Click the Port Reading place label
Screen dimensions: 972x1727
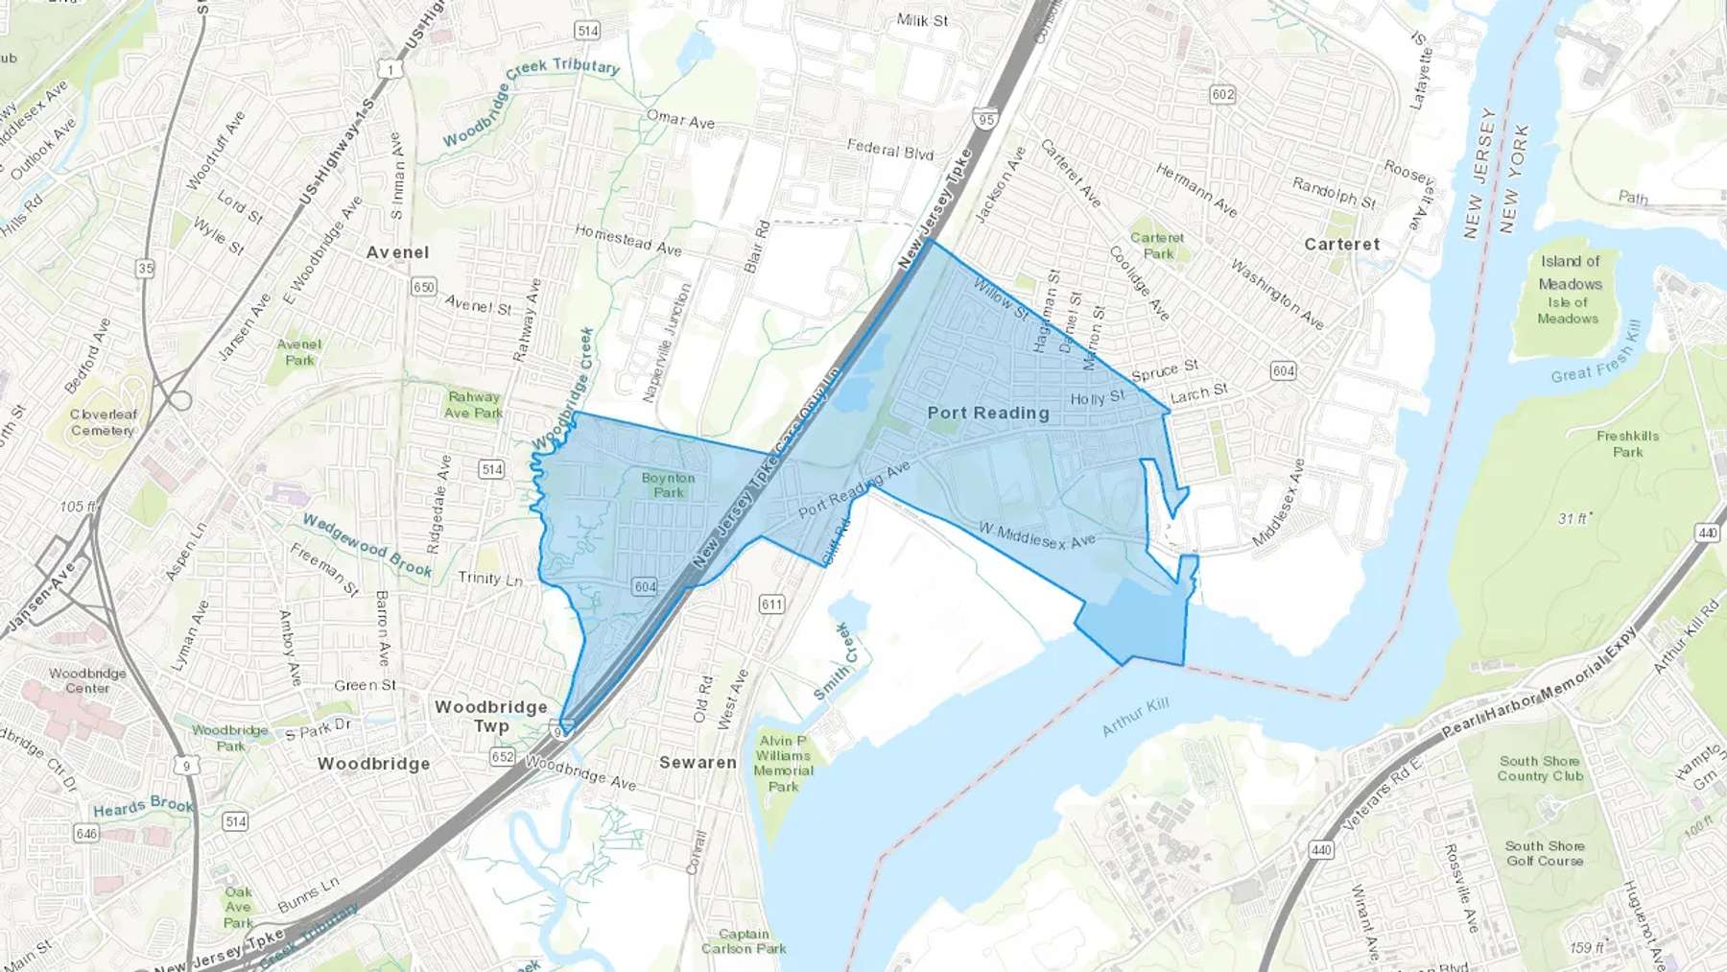tap(988, 413)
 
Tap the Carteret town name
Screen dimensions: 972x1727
tap(1341, 245)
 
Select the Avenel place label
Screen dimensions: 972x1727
tap(397, 252)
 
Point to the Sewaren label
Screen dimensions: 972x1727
tap(698, 763)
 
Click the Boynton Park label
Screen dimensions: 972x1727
tap(669, 485)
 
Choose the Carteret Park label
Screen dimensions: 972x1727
tap(1157, 246)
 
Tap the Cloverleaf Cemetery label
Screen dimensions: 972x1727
tap(103, 422)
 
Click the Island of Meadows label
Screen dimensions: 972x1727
tap(1570, 273)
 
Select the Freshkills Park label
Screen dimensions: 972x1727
tap(1627, 443)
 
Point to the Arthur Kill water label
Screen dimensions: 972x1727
tap(1135, 717)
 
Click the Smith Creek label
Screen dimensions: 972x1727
tap(832, 662)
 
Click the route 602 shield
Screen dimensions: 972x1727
tap(1222, 94)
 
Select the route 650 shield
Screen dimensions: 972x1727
tap(423, 287)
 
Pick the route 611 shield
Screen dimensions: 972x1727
tap(771, 604)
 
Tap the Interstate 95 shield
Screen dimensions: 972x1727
tap(984, 119)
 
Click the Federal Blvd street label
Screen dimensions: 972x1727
tap(889, 149)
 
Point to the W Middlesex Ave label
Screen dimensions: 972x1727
tap(1036, 535)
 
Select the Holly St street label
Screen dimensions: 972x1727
tap(1097, 397)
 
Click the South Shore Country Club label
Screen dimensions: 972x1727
tap(1540, 769)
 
